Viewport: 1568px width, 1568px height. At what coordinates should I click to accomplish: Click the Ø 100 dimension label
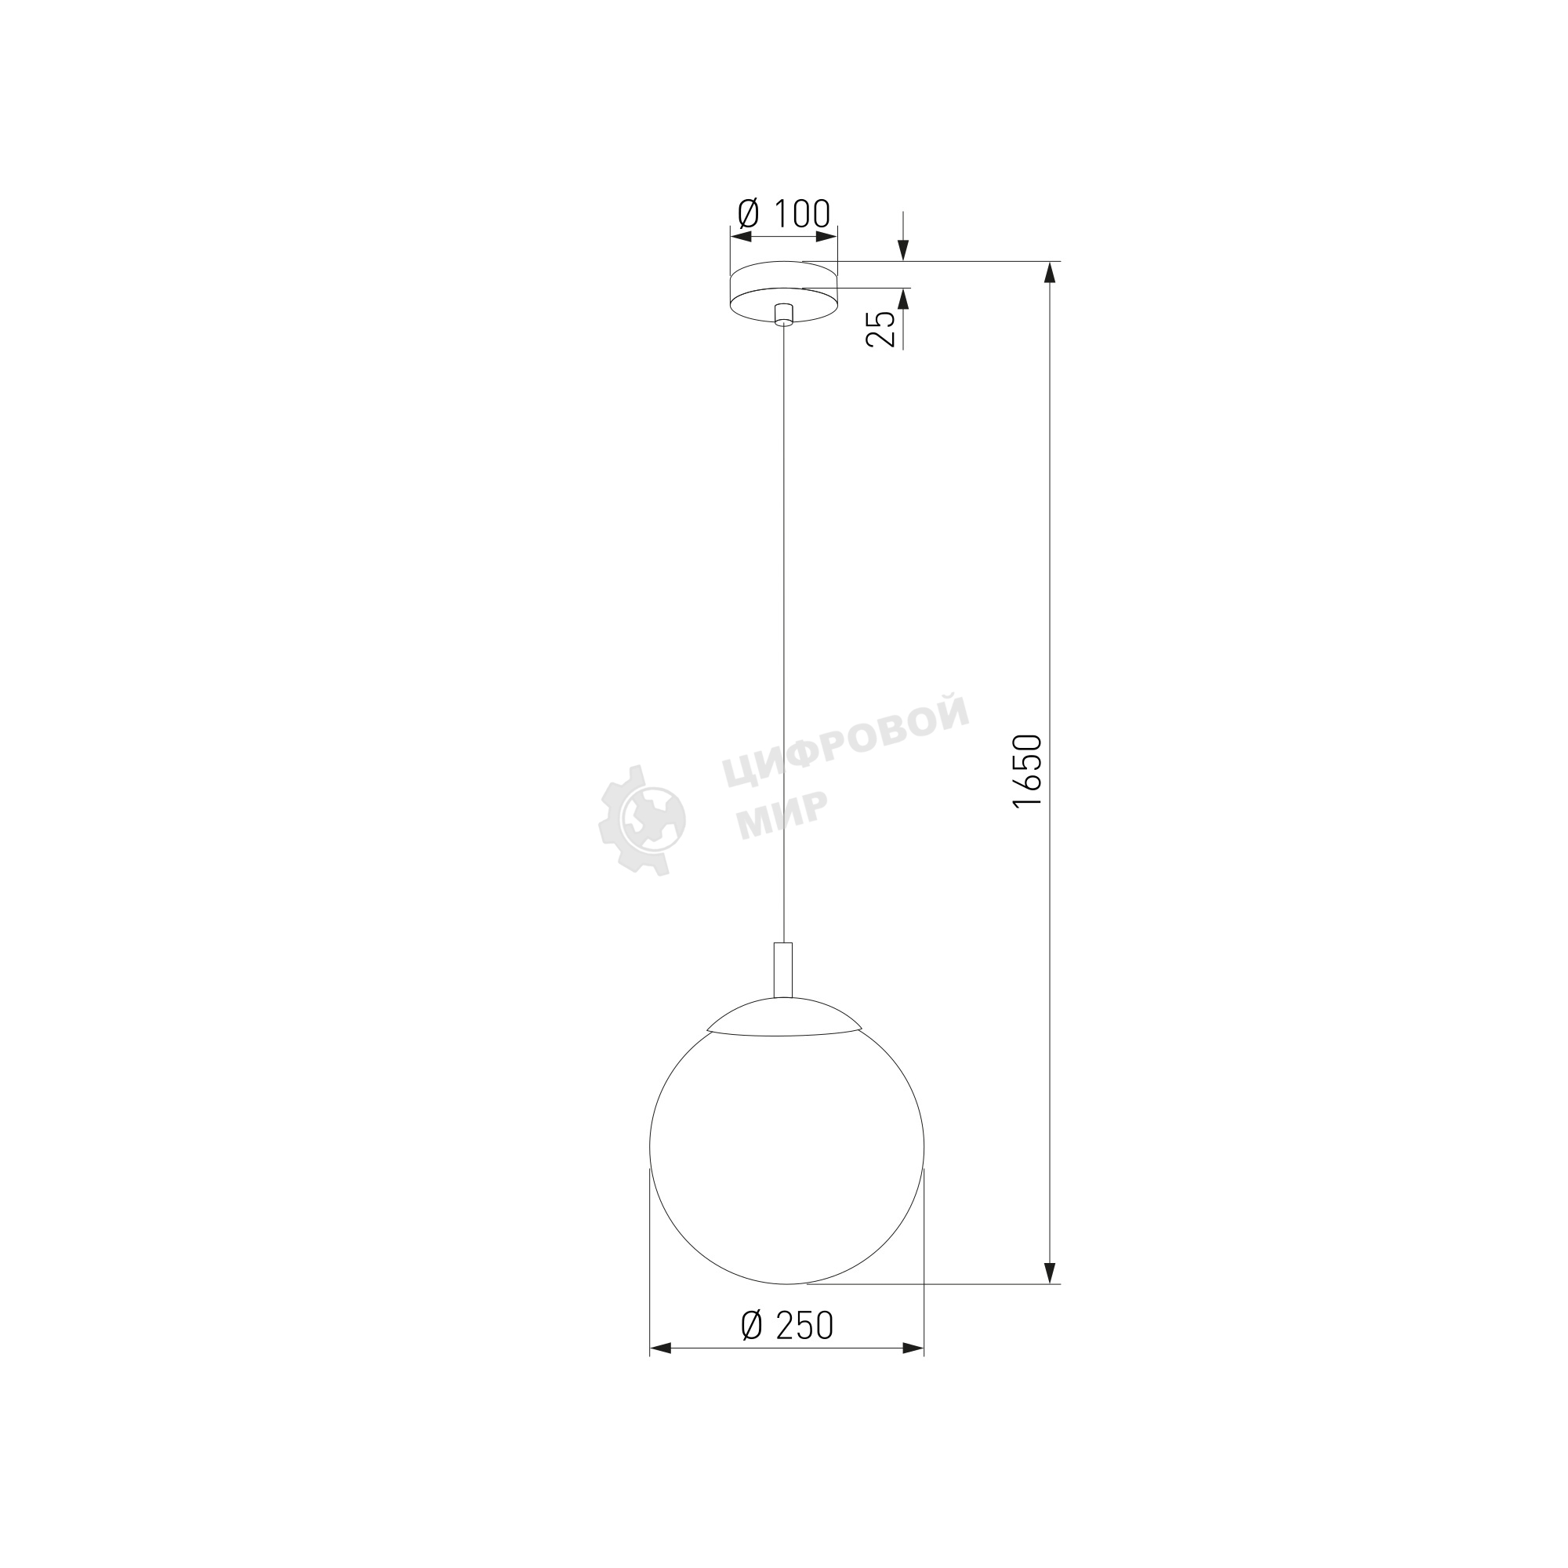point(784,213)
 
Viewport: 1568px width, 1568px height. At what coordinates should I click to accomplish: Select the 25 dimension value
point(881,328)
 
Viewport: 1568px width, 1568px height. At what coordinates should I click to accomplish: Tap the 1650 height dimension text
point(1028,771)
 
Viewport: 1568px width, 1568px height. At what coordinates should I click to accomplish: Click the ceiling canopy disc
point(784,292)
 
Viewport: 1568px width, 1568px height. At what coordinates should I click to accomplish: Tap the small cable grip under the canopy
point(783,315)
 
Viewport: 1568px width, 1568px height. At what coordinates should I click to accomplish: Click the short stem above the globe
point(783,969)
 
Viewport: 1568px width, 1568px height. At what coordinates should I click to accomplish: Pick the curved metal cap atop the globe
point(783,1016)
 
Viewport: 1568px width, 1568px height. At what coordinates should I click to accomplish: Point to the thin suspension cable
point(783,633)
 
